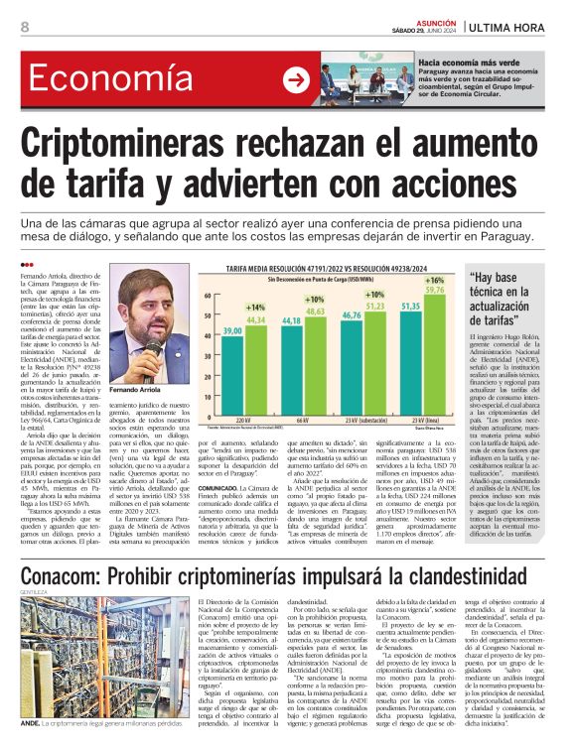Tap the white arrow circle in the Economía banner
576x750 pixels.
[x=296, y=80]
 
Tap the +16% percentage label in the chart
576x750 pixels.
[x=434, y=282]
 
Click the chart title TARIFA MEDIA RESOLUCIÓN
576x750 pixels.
[x=318, y=269]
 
